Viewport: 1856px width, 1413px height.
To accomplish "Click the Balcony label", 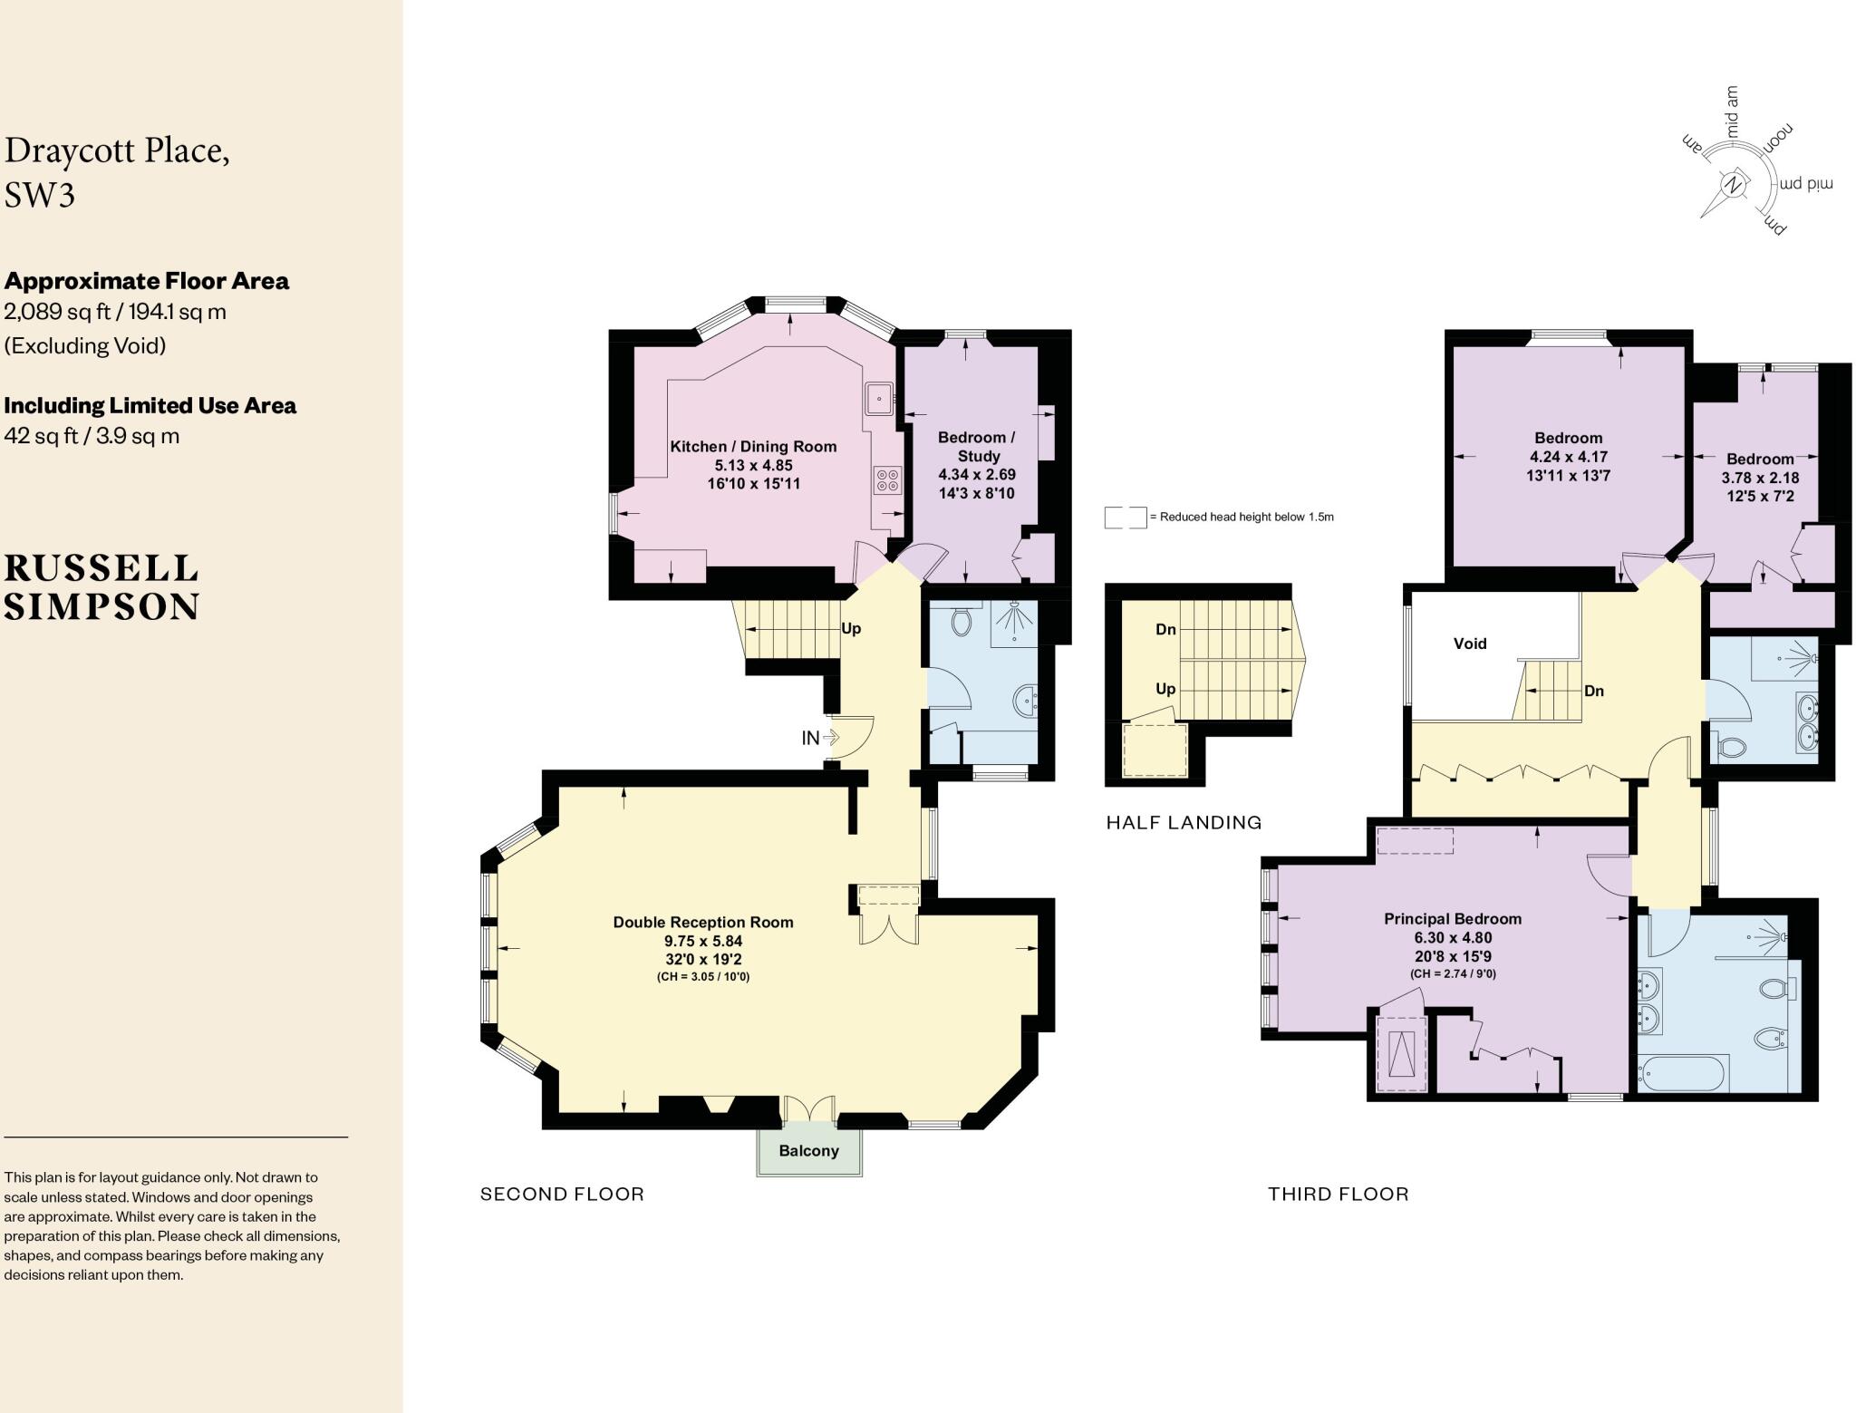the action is coord(808,1150).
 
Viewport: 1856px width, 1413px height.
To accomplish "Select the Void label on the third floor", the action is coord(1470,644).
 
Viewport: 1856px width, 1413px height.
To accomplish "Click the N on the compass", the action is coord(1734,185).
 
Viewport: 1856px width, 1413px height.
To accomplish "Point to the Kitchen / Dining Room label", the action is coord(753,446).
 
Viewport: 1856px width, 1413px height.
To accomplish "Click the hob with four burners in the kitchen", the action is coord(887,479).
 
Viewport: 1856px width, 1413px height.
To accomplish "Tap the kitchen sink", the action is coord(880,398).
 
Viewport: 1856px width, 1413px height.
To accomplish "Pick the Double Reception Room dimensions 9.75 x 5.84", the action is coord(703,941).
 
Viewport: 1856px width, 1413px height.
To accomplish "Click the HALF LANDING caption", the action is coord(1184,823).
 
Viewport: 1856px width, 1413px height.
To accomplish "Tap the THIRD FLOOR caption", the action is coord(1339,1194).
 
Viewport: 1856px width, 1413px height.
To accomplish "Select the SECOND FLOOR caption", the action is coord(562,1194).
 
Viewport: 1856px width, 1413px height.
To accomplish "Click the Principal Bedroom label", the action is coord(1452,919).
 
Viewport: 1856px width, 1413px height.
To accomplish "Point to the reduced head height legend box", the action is coord(1126,518).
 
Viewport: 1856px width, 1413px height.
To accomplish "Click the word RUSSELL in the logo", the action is coord(101,569).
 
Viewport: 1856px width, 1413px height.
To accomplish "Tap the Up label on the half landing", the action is coord(1165,689).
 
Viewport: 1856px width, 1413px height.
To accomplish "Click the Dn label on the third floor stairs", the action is coord(1594,691).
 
